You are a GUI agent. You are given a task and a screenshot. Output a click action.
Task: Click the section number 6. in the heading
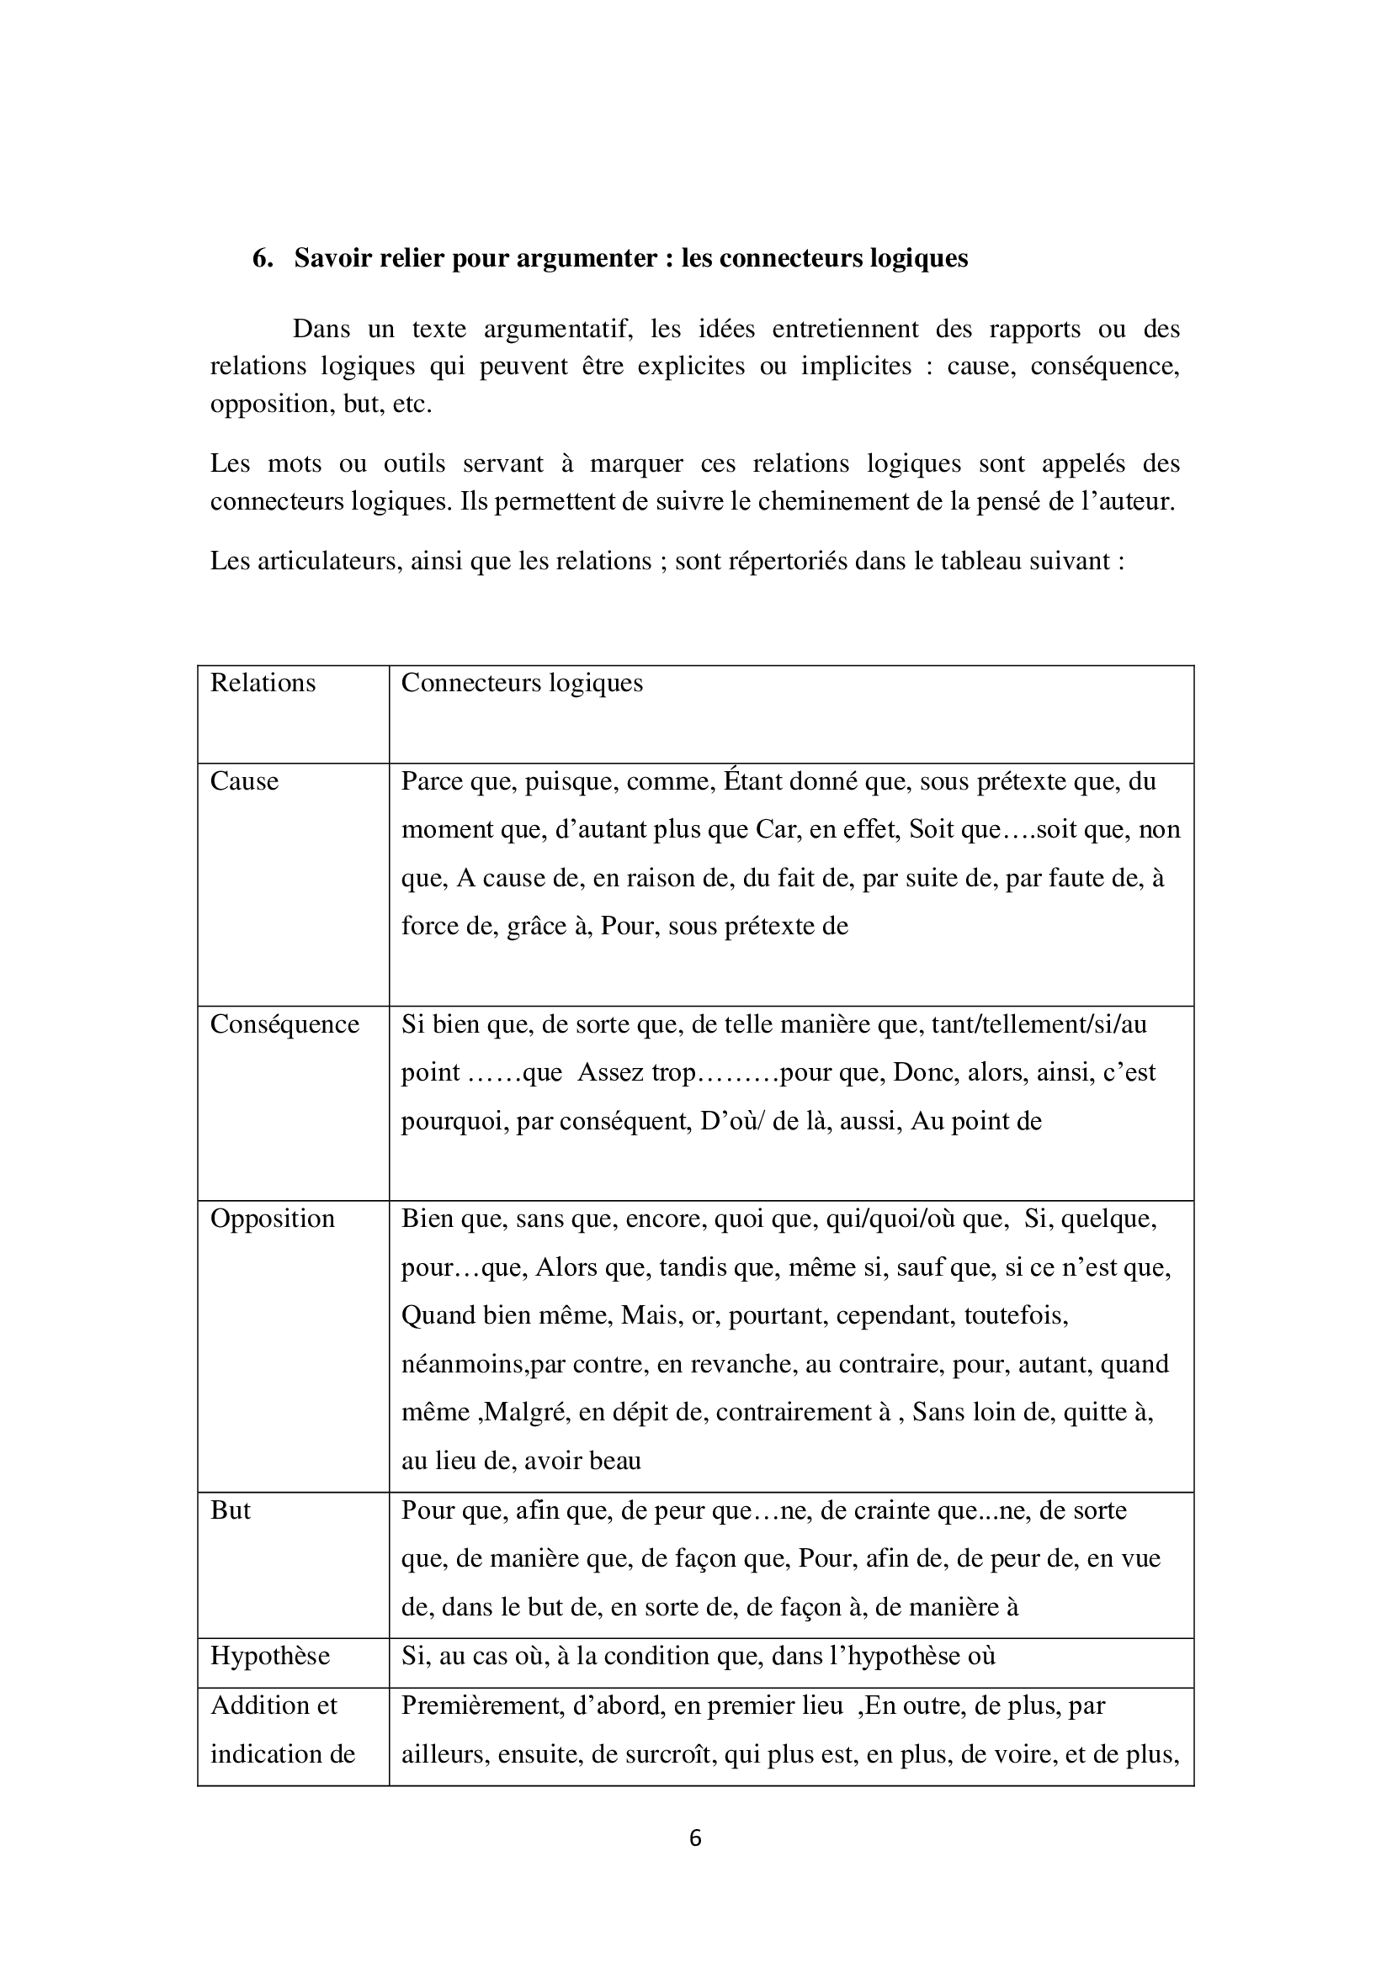pos(263,259)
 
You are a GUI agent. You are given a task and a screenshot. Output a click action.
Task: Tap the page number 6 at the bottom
pos(695,1837)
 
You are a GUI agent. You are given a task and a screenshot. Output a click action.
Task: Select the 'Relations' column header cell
pos(263,683)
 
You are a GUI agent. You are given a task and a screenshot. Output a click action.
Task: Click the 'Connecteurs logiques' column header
pos(522,683)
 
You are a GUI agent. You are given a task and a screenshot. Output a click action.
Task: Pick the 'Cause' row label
pos(244,781)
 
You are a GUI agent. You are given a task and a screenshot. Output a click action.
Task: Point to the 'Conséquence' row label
pos(284,1023)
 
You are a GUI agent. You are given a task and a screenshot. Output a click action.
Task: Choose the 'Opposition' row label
pos(273,1219)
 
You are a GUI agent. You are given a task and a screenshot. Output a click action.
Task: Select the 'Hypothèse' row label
pos(270,1655)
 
